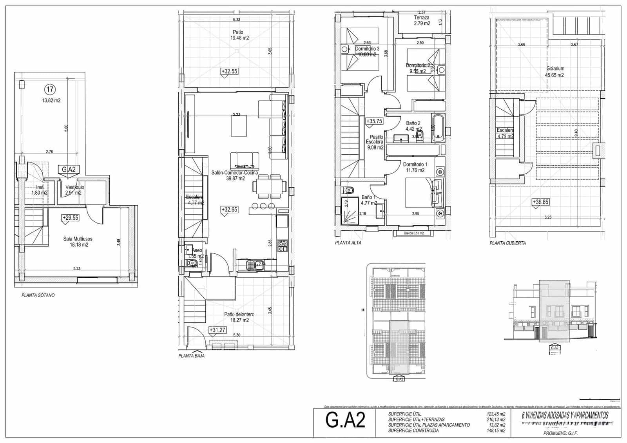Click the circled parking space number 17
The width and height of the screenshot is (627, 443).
tap(50, 90)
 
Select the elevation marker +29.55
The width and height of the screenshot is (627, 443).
tap(71, 218)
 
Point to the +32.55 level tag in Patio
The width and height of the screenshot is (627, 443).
tap(229, 72)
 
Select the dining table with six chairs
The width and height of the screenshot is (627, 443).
tap(270, 187)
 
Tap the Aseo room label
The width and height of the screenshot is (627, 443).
tap(197, 250)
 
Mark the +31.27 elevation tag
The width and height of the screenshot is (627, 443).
tap(217, 330)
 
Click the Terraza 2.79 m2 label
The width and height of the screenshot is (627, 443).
tap(422, 20)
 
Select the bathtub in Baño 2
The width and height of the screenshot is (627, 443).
tap(438, 127)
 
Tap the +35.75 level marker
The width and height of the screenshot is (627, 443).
tap(374, 121)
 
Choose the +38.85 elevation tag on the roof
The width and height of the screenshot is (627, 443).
tap(540, 202)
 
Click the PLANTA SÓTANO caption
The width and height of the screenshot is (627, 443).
tap(38, 295)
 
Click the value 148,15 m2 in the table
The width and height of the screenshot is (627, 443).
tap(496, 431)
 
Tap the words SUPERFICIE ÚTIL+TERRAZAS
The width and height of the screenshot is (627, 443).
tap(416, 419)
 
